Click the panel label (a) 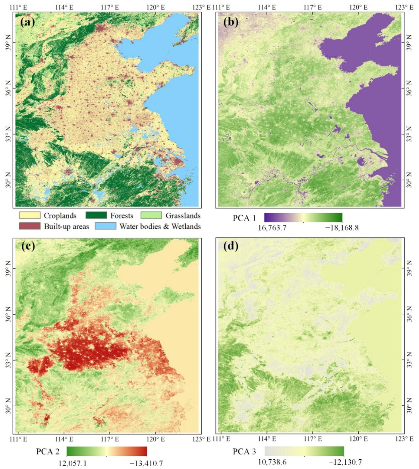[x=27, y=22]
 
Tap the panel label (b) [x=231, y=22]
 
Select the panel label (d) [x=231, y=246]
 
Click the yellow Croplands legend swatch [x=30, y=215]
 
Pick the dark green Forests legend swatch [x=96, y=215]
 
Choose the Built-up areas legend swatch [x=30, y=226]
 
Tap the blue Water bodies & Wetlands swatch [x=106, y=226]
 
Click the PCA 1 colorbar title [x=244, y=218]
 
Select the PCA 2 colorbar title [x=48, y=452]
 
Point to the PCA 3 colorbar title [x=244, y=452]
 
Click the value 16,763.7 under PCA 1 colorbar [x=272, y=228]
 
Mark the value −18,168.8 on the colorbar [x=342, y=228]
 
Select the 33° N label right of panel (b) [x=409, y=134]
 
